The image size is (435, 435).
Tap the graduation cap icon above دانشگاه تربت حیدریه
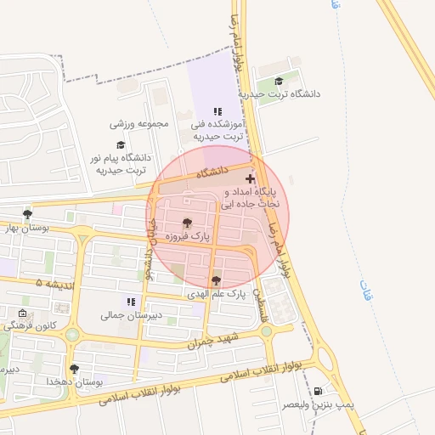(x=280, y=82)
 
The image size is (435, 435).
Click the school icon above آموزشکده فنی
(x=217, y=111)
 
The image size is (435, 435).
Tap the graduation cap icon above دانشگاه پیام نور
(x=121, y=145)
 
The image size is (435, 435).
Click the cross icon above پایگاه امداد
(x=249, y=178)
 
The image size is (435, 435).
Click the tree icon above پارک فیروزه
(x=188, y=223)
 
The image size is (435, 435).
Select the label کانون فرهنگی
(x=30, y=325)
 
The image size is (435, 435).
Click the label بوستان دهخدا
(x=76, y=382)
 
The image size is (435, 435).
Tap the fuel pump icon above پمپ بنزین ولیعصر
(x=318, y=391)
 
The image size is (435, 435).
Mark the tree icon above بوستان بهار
(x=28, y=214)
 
